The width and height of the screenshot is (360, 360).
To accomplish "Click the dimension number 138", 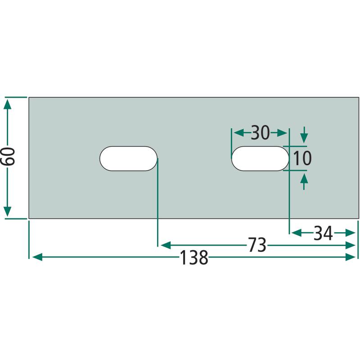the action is point(194,257).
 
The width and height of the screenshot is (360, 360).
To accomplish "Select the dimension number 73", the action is point(257,245).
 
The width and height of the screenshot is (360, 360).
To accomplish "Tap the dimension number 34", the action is point(323,233).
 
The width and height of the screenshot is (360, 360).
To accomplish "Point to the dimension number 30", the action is point(260,133).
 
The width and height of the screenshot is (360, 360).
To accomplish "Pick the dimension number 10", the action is point(302,158).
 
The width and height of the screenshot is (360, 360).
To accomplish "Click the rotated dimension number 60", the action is point(8,157).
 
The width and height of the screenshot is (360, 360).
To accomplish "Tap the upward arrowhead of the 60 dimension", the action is point(8,104).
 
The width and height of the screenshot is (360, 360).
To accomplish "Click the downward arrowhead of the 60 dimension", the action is point(8,211).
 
